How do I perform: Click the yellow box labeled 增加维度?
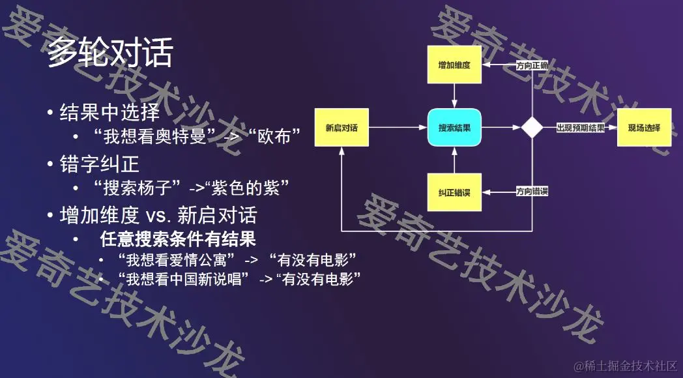click(x=454, y=65)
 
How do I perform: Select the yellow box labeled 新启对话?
click(x=341, y=127)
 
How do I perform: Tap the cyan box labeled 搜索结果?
click(x=454, y=127)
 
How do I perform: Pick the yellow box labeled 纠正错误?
click(x=454, y=192)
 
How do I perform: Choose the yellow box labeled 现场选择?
click(x=644, y=127)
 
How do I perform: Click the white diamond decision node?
click(x=532, y=127)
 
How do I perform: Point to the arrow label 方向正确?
click(x=532, y=66)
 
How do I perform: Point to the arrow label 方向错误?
click(x=532, y=192)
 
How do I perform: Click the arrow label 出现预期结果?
click(x=580, y=127)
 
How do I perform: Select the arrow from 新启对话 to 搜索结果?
click(x=398, y=127)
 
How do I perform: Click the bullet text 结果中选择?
click(x=109, y=112)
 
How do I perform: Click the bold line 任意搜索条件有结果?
click(x=177, y=239)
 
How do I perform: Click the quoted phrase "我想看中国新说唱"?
click(x=184, y=280)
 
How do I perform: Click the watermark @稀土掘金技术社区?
click(x=625, y=366)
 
